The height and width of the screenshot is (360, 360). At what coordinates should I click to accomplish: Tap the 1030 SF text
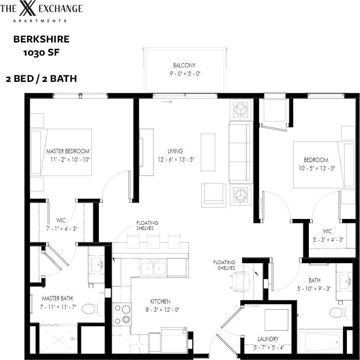point(41,53)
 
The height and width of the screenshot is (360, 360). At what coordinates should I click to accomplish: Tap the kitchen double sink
point(153,268)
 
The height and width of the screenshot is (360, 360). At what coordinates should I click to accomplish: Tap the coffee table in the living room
point(208,152)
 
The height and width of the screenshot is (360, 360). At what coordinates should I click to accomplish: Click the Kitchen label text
point(160,301)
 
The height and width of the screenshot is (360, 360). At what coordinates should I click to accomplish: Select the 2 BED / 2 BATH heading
point(42,79)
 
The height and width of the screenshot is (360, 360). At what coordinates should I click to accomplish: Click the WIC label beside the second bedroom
point(327,231)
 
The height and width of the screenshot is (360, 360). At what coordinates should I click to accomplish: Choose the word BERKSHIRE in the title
point(41,39)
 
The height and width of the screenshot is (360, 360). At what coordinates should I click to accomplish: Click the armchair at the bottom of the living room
point(214,194)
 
